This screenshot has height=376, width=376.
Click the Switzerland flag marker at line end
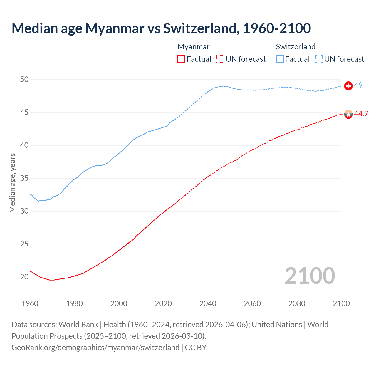pos(348,86)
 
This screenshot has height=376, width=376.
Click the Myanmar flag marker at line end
pos(348,114)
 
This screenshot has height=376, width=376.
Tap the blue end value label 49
pos(358,85)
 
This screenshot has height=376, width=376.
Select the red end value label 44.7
pos(361,114)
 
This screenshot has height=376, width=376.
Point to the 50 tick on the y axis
pos(25,79)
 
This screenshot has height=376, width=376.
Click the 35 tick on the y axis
pos(25,178)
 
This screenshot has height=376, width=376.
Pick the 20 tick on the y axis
pos(25,277)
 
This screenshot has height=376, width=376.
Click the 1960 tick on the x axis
pos(30,303)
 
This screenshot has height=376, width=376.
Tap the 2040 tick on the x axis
pos(208,303)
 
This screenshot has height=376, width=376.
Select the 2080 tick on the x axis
pos(297,303)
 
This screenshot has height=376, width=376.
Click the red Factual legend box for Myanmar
pos(181,59)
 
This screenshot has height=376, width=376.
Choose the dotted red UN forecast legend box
pos(220,59)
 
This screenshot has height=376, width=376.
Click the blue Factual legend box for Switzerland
pos(280,59)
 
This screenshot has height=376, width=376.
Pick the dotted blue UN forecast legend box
pos(319,59)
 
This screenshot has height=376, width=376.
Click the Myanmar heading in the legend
pos(194,47)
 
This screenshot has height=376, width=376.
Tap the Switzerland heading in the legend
pos(296,47)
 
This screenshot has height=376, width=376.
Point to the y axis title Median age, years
pos(12,183)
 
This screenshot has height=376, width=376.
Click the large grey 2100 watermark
pos(310,276)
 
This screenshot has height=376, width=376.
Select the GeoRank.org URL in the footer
pos(95,348)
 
